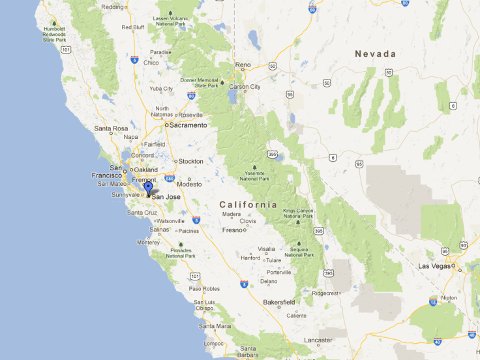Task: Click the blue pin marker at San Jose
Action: (x=149, y=188)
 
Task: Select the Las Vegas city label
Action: (x=434, y=266)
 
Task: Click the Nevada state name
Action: (x=375, y=54)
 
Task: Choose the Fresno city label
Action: (x=232, y=230)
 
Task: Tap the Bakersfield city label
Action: (x=278, y=302)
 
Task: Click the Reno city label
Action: (x=243, y=65)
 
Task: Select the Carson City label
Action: (x=245, y=87)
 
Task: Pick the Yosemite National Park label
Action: (x=254, y=176)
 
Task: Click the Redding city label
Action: (x=113, y=7)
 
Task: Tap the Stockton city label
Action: (x=190, y=161)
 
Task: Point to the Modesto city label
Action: (x=190, y=185)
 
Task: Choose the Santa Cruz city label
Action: (x=142, y=213)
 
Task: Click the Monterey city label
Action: (x=148, y=243)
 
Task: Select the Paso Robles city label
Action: (x=204, y=288)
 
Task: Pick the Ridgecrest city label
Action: (x=325, y=293)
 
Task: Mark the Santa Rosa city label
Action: (x=111, y=128)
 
